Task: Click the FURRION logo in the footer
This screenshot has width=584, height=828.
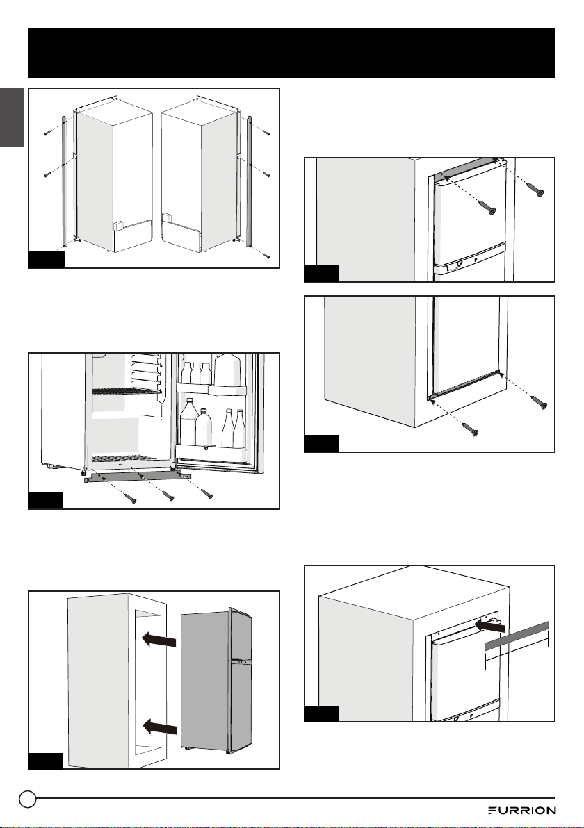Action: coord(521,810)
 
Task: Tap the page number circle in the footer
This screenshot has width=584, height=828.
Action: coord(28,799)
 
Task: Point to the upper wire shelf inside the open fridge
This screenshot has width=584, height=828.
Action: coord(125,391)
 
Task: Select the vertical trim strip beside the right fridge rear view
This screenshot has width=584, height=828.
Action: coord(250,181)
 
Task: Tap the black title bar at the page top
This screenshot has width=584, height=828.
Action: coord(292,53)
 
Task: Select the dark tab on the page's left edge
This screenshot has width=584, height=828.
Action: coord(12,117)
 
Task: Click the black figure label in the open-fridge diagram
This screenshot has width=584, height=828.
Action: coord(45,500)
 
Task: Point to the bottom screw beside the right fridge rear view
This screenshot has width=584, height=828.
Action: coord(268,256)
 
